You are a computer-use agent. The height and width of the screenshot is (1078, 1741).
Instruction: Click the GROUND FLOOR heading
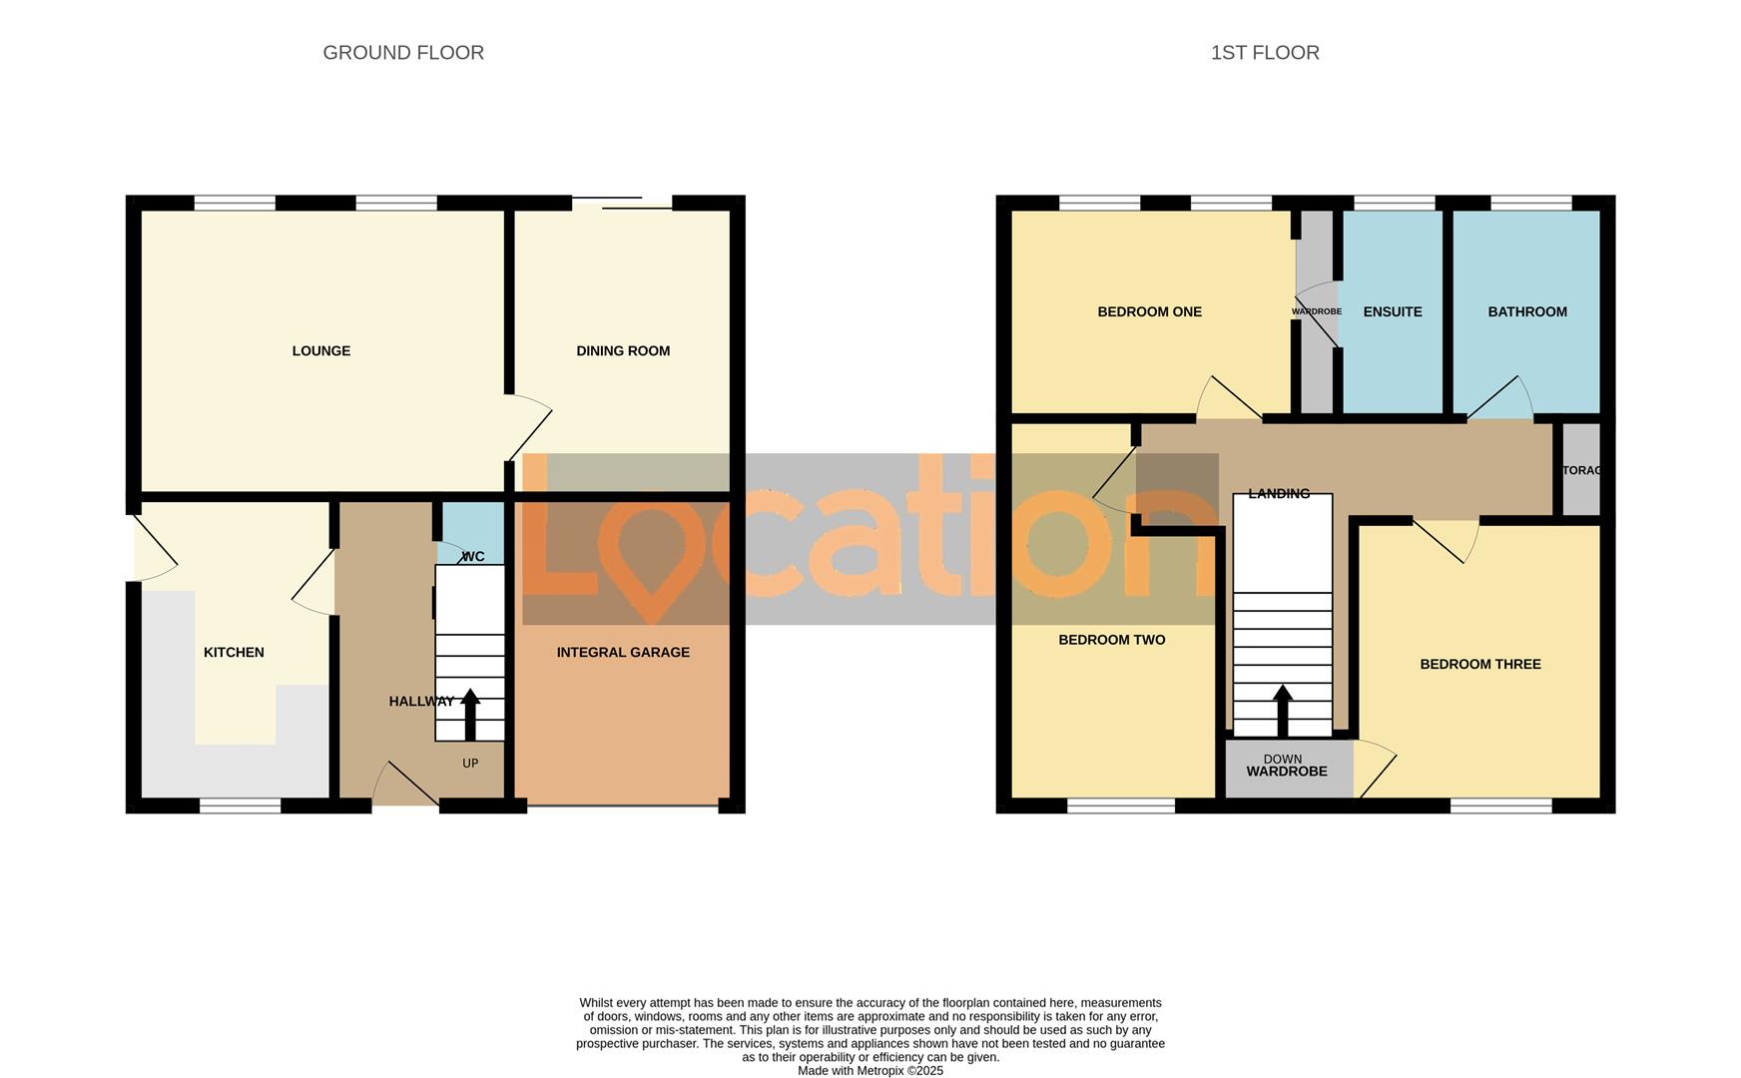click(x=403, y=53)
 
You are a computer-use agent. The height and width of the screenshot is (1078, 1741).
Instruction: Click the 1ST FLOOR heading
click(x=1265, y=53)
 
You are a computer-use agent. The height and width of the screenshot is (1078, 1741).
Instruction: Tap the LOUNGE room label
click(x=321, y=351)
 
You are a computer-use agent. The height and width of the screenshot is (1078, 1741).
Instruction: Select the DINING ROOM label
click(x=623, y=351)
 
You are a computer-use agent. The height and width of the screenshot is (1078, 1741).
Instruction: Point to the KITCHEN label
click(x=234, y=653)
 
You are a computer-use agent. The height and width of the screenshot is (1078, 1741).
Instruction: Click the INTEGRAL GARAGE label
click(x=623, y=653)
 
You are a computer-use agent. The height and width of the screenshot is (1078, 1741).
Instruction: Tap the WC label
click(x=473, y=557)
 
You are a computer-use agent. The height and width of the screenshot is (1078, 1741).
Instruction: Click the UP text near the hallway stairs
click(x=470, y=764)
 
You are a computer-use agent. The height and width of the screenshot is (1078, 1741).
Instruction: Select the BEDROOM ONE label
click(x=1149, y=312)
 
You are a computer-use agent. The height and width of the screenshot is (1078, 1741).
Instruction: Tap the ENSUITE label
click(x=1393, y=312)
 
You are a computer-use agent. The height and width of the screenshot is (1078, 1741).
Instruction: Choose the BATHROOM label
click(x=1527, y=312)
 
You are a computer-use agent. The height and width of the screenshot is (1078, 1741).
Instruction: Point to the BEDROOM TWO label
click(x=1112, y=641)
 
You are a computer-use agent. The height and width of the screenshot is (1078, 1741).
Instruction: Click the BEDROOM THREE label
click(x=1480, y=665)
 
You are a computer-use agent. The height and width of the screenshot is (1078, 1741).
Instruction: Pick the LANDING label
click(x=1279, y=493)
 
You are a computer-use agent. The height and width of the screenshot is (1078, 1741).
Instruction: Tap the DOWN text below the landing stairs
click(x=1283, y=759)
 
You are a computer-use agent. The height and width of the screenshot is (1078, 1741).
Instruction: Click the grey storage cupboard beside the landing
click(x=1581, y=470)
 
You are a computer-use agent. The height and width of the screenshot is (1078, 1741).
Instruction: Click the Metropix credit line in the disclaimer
click(x=870, y=1071)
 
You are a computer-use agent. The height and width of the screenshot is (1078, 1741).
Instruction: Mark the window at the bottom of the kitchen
click(x=240, y=806)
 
